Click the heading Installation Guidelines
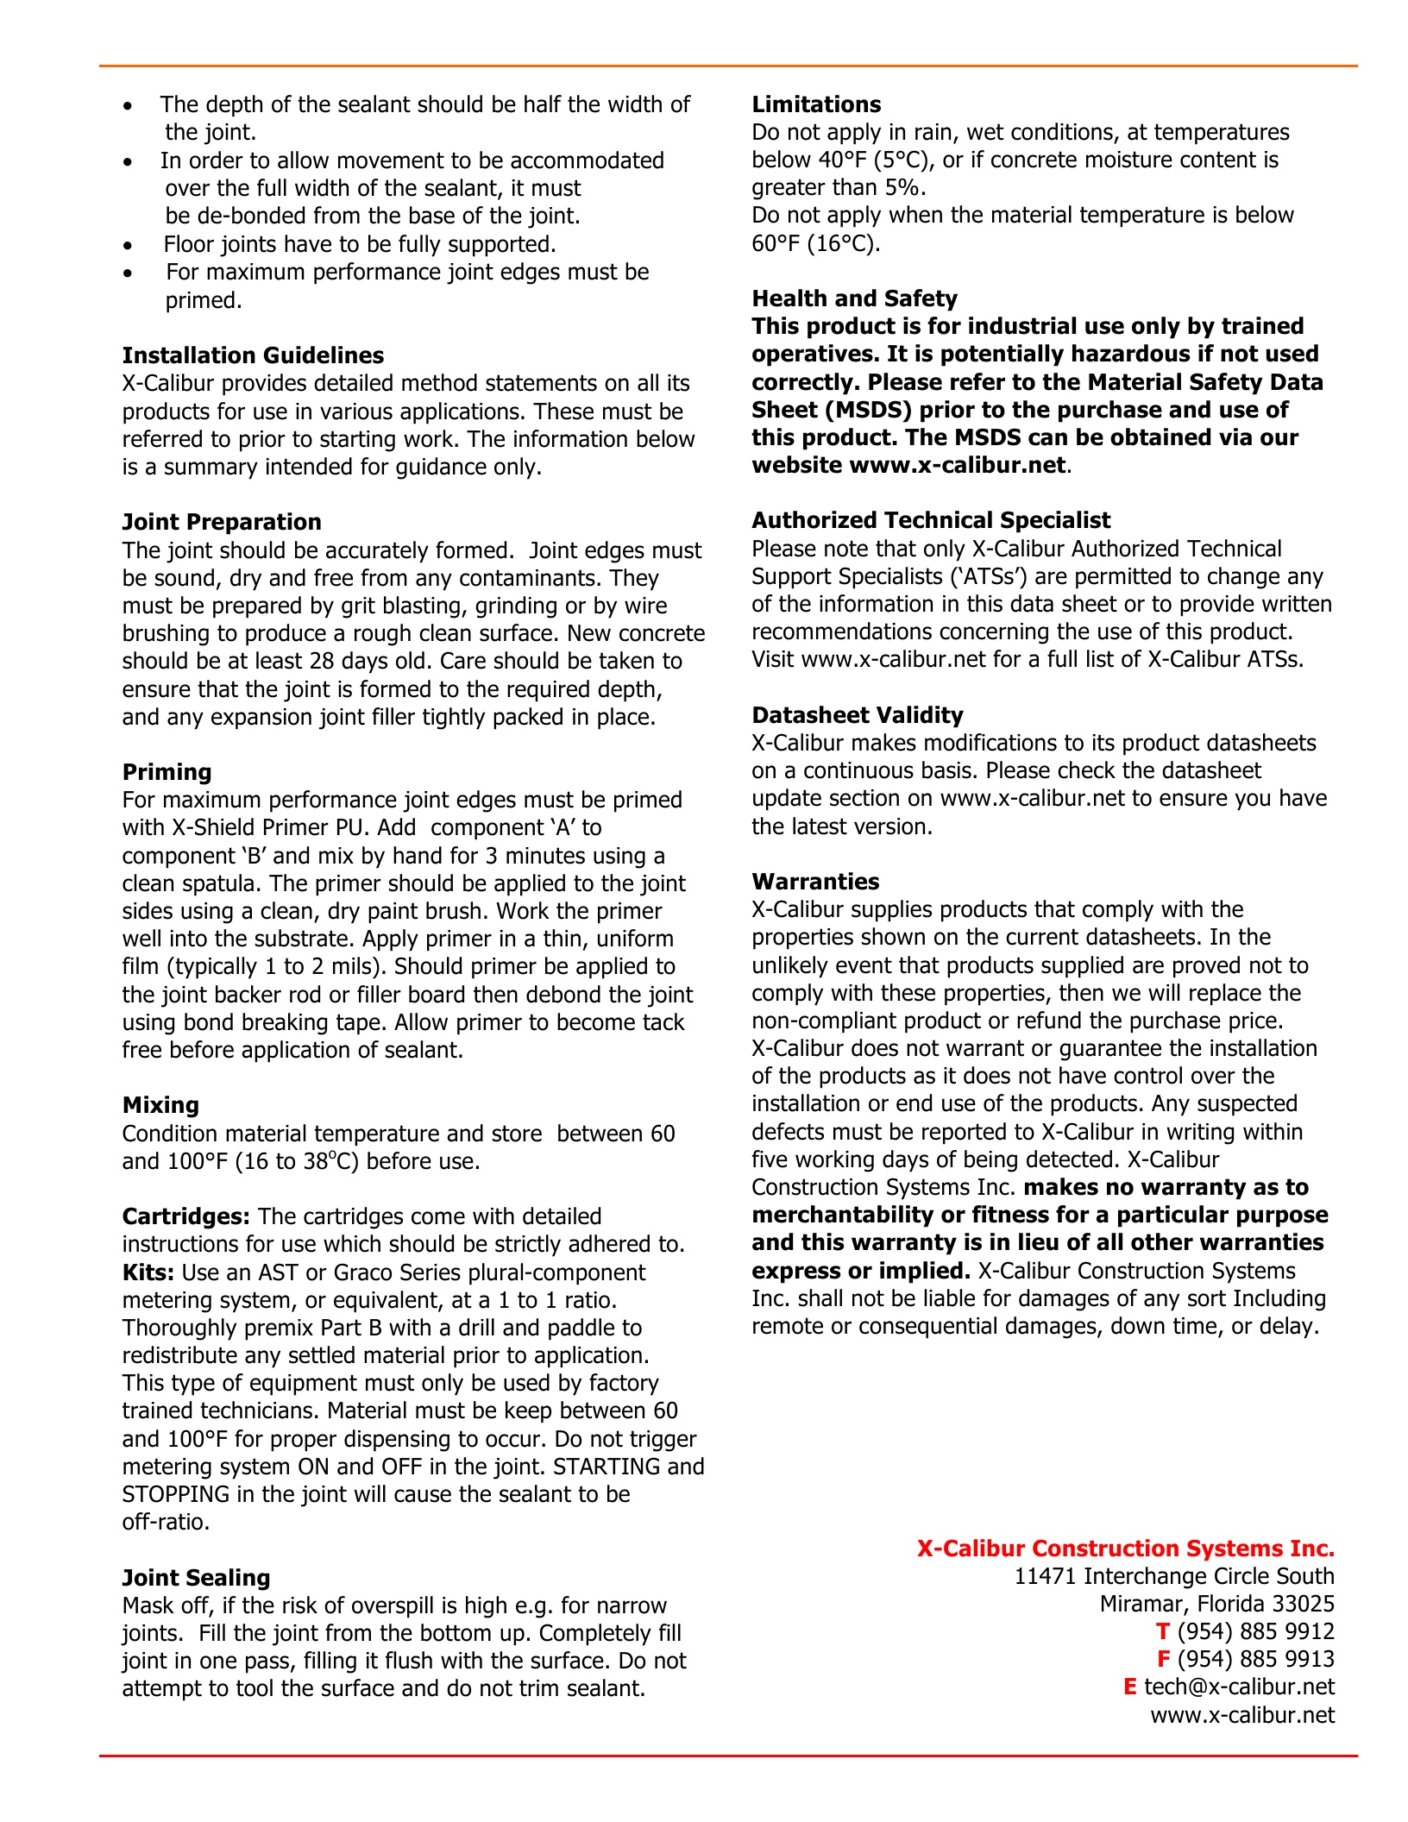[x=253, y=355]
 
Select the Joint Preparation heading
[x=222, y=522]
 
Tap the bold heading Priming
[x=167, y=772]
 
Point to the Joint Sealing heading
[x=196, y=1578]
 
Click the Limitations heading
[x=816, y=104]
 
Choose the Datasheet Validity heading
[x=857, y=715]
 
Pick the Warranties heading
[x=815, y=882]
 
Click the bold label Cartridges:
[x=186, y=1216]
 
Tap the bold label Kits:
[x=148, y=1272]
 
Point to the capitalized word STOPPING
[x=176, y=1494]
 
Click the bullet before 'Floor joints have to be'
[x=129, y=246]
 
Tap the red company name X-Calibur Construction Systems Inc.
[x=1125, y=1549]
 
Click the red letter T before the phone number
[x=1162, y=1631]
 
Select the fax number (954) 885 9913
[x=1255, y=1659]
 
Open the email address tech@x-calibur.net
[x=1239, y=1687]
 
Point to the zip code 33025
[x=1303, y=1604]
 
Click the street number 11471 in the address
[x=1046, y=1576]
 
